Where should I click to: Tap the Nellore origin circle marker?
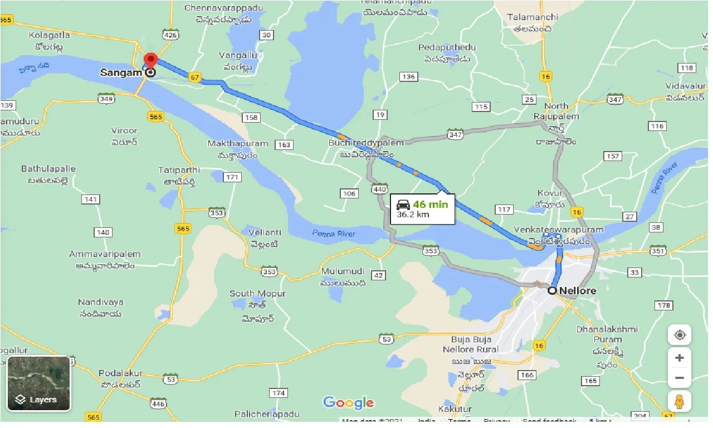click(553, 290)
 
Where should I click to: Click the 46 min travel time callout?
click(422, 209)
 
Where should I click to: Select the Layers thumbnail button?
click(39, 383)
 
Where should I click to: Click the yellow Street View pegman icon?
click(679, 401)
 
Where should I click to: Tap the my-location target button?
click(679, 335)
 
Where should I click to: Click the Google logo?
click(348, 402)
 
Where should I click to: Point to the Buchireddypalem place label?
click(366, 143)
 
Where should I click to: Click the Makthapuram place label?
click(238, 143)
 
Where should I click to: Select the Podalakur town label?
click(120, 373)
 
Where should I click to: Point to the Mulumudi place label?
click(343, 271)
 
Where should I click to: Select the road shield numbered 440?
click(380, 189)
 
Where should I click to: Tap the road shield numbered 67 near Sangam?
click(194, 77)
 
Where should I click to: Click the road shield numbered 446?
click(158, 403)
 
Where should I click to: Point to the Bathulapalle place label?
click(48, 168)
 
